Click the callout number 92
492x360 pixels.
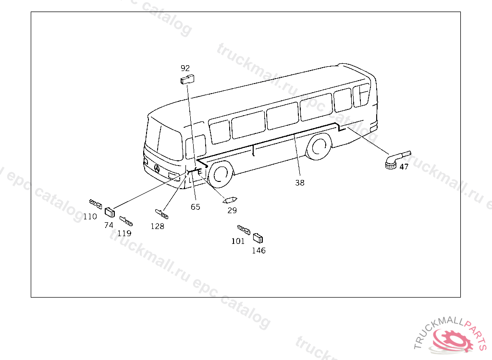185,68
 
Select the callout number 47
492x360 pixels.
404,167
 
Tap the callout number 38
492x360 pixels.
300,182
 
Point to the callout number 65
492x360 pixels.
195,207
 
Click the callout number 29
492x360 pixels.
232,210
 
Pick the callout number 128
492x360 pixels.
157,226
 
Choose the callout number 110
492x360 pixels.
90,216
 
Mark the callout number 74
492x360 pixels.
109,225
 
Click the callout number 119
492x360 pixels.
124,233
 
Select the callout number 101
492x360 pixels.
238,241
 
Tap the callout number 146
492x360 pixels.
258,251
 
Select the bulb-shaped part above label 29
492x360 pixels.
231,200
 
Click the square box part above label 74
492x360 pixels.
111,211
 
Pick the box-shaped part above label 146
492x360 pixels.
258,238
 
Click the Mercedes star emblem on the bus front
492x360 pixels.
157,168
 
